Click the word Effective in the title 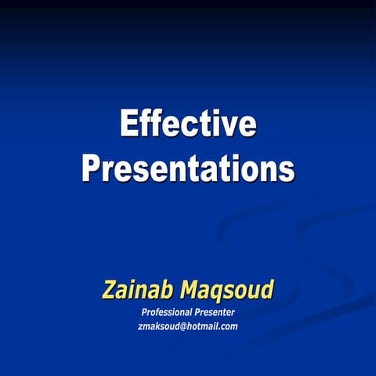click(188, 125)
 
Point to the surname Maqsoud click(228, 291)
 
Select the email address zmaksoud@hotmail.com click(187, 326)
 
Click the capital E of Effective click(130, 125)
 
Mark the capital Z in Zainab click(110, 290)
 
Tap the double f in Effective click(155, 125)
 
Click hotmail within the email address click(204, 326)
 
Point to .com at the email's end click(229, 326)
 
